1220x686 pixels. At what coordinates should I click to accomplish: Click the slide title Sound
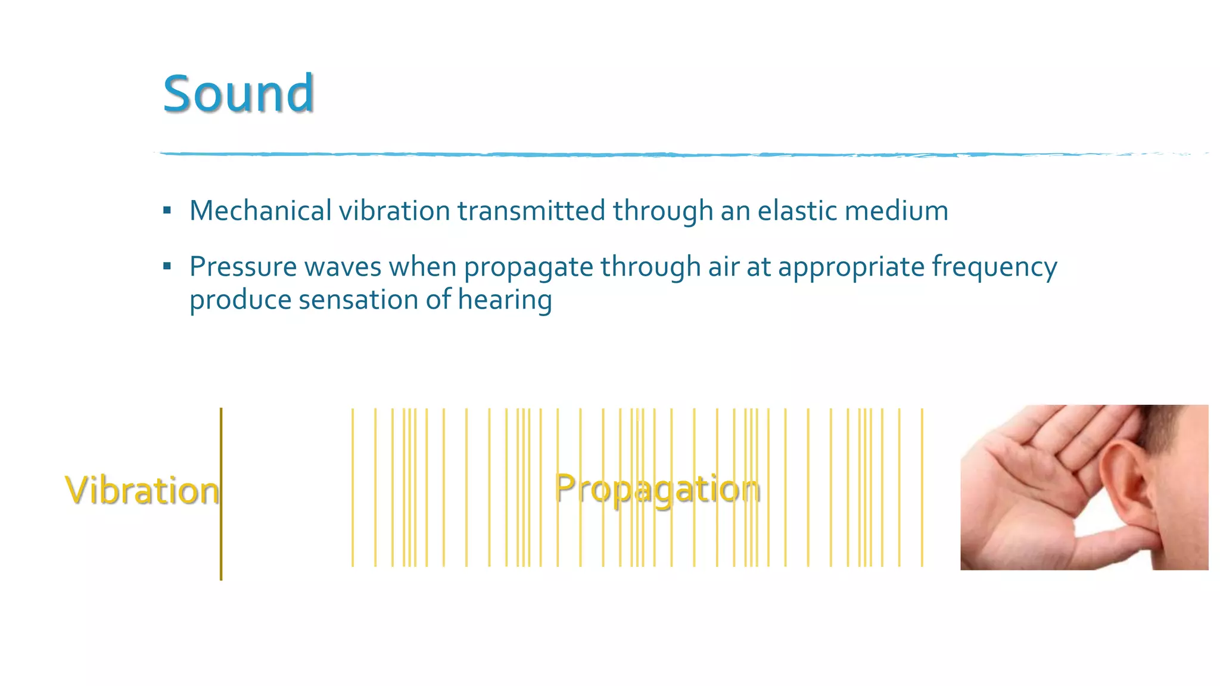238,93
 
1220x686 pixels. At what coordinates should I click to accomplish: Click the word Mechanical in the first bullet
260,211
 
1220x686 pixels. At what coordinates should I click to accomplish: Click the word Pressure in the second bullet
243,266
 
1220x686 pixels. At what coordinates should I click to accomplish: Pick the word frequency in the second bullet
994,267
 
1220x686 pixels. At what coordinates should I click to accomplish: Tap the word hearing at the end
505,300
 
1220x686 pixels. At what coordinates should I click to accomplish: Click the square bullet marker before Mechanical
167,210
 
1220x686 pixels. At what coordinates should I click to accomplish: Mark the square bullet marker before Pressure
167,266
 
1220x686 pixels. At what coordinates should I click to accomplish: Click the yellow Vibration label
141,491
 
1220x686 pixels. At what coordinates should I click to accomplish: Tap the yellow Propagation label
657,489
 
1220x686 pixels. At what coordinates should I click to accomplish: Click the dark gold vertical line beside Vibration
221,536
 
